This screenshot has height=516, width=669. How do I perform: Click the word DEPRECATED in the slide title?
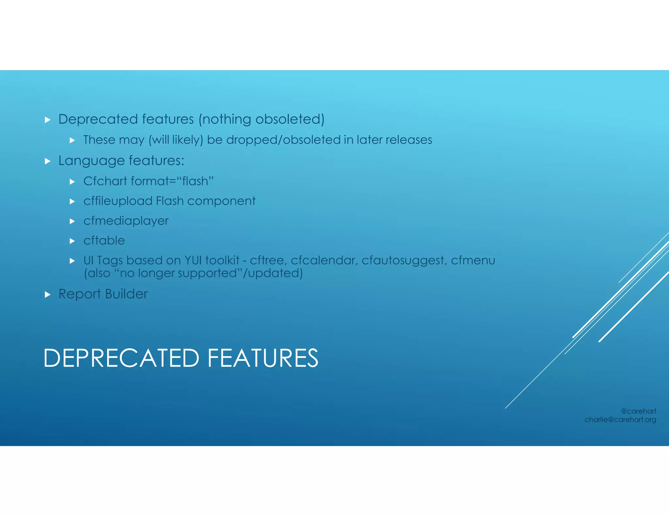[121, 358]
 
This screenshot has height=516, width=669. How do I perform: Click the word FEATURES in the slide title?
[263, 358]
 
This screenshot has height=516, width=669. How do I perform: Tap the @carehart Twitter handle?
[638, 411]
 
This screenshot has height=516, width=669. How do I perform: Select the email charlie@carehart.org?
[620, 419]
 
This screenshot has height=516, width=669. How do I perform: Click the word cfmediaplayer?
[126, 221]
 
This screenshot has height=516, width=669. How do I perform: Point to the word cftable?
[104, 241]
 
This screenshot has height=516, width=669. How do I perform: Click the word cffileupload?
[118, 201]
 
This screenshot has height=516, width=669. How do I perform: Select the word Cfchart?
[105, 181]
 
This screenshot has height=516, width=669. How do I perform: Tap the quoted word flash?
[195, 181]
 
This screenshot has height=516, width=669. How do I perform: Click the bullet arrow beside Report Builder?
[48, 295]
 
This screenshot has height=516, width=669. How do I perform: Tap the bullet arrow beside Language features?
[48, 161]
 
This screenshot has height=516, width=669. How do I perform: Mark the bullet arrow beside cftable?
[73, 241]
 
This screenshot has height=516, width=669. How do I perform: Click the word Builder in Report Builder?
[126, 294]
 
